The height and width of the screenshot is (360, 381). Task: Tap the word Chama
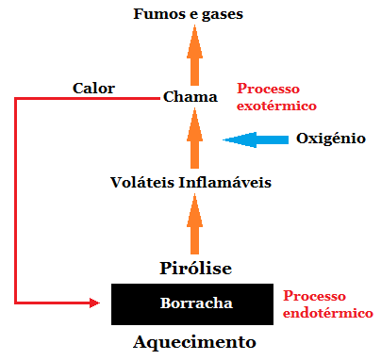point(190,96)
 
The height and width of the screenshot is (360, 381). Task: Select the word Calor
point(93,89)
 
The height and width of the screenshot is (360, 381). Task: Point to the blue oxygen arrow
point(256,140)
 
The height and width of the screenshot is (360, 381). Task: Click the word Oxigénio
point(330,139)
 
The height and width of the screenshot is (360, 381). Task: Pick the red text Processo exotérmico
point(275,97)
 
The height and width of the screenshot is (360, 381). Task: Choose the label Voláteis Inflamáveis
point(191,182)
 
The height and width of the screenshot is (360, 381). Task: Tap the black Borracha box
point(194,303)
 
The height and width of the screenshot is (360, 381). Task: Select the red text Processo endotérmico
point(327,304)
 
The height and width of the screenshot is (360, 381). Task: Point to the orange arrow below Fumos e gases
point(194,55)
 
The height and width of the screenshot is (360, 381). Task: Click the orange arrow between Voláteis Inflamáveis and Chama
point(194,139)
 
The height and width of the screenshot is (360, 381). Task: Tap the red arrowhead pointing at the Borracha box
point(93,303)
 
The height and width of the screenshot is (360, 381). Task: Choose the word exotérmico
point(275,106)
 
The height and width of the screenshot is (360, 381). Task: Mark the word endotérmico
point(327,313)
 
